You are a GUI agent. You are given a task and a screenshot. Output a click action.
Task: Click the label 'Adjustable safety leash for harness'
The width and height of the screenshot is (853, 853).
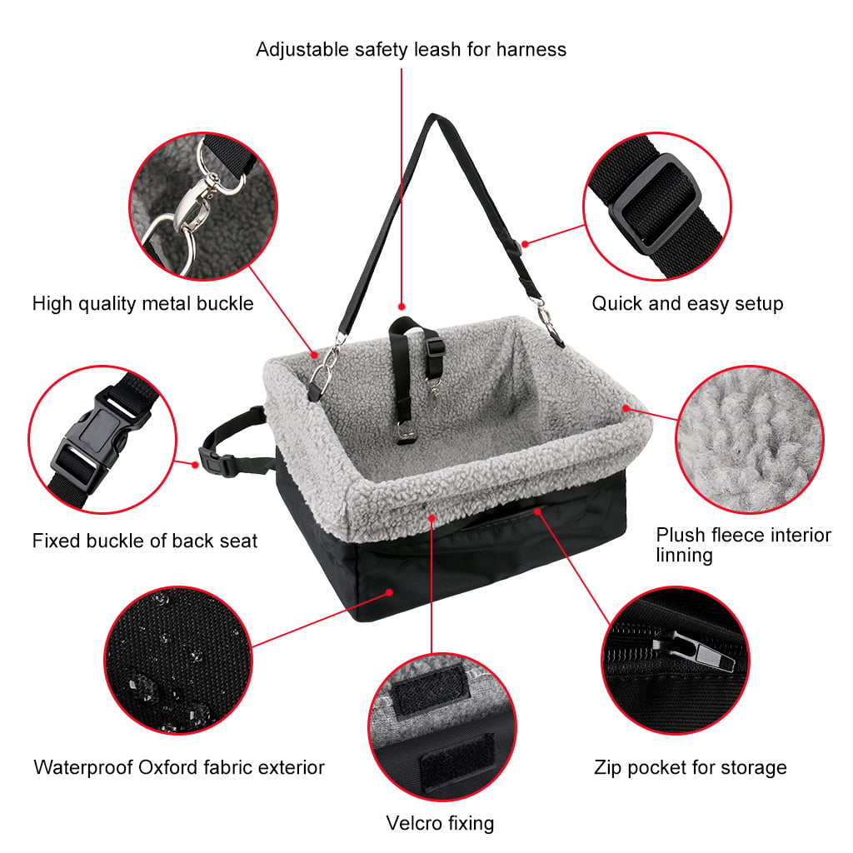[412, 49]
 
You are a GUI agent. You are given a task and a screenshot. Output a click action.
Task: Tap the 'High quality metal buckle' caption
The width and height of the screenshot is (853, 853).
[143, 303]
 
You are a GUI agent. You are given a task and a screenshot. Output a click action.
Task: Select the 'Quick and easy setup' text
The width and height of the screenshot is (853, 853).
[687, 303]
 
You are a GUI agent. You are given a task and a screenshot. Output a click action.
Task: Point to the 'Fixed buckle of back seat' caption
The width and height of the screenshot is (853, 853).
[145, 541]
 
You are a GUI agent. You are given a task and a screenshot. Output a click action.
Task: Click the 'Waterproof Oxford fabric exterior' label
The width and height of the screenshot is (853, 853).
[179, 767]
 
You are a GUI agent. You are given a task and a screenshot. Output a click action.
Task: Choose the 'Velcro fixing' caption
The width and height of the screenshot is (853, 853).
[440, 824]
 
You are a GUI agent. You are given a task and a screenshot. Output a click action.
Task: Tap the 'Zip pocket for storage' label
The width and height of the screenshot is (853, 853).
[691, 767]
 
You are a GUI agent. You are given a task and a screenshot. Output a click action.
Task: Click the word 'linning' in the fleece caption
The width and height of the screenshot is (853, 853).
[684, 556]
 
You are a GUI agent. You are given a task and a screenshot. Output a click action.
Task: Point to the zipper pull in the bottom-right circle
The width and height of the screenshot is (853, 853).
[696, 650]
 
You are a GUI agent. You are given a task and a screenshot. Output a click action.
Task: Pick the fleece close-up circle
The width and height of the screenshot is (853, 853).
[750, 440]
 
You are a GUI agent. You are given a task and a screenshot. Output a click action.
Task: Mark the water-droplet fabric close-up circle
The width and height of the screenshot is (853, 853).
[178, 660]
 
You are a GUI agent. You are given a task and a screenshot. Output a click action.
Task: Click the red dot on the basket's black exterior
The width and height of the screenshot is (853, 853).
[390, 592]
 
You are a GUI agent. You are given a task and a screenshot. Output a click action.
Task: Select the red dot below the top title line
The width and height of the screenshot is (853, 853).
[402, 307]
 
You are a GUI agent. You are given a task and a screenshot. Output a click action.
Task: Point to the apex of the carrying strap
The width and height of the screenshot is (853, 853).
[433, 115]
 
